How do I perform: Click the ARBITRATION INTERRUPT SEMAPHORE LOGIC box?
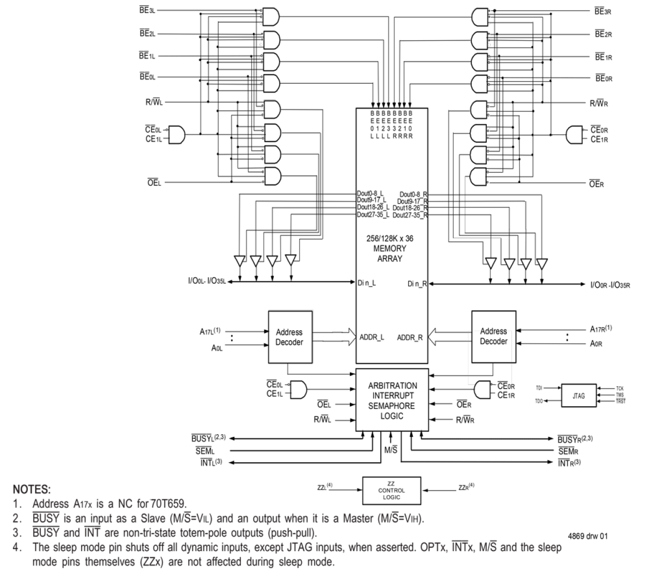(x=392, y=400)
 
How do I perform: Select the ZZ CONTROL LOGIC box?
(x=392, y=491)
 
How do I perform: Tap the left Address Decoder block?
(x=289, y=337)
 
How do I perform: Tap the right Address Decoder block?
(x=493, y=337)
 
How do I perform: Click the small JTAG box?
(x=579, y=395)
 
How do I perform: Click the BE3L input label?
(x=146, y=10)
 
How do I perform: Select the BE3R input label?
(x=602, y=11)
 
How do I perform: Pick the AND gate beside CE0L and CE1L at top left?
(x=177, y=134)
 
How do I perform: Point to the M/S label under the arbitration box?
(x=391, y=449)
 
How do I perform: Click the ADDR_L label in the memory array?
(x=372, y=337)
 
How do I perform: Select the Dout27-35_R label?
(x=410, y=214)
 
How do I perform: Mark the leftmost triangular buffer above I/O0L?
(x=239, y=261)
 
